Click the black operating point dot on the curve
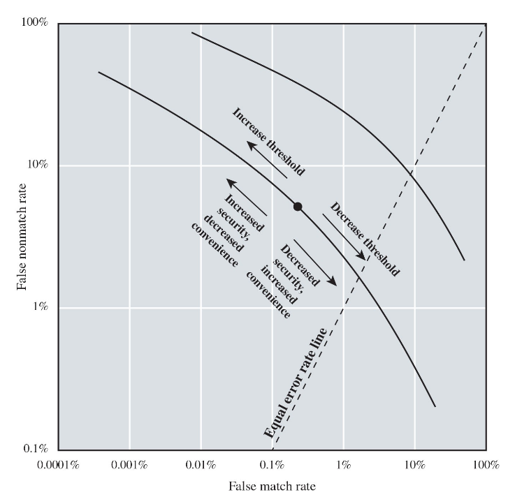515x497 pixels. pos(298,207)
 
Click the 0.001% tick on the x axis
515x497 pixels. pos(130,464)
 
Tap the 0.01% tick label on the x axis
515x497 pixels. pos(201,464)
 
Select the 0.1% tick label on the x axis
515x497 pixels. pos(273,464)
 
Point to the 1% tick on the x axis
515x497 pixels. pos(344,464)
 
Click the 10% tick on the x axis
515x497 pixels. pos(415,464)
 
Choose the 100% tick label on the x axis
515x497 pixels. pos(486,464)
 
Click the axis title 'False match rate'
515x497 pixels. pos(272,485)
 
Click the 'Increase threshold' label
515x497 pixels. pos(268,141)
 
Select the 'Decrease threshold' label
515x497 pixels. pos(364,239)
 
